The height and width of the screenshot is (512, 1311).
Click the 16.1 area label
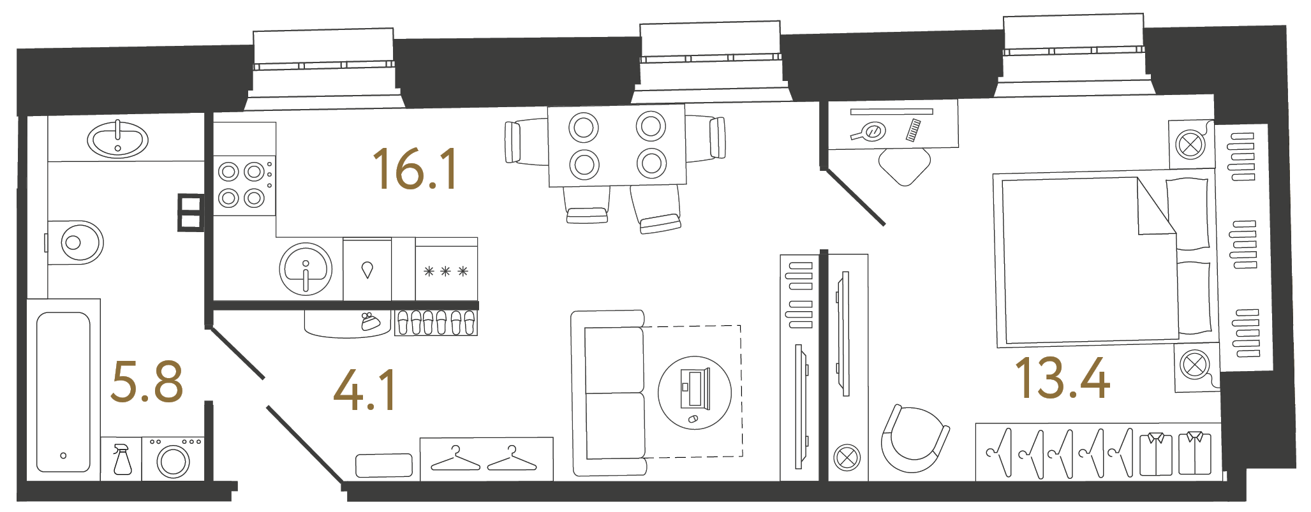pyautogui.click(x=415, y=168)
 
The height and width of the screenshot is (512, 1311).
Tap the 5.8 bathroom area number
pyautogui.click(x=147, y=381)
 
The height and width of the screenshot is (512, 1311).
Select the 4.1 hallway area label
pyautogui.click(x=365, y=389)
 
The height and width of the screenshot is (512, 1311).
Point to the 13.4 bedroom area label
pyautogui.click(x=1062, y=378)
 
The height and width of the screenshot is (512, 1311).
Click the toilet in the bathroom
pyautogui.click(x=75, y=242)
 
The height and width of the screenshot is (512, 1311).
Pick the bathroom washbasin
pyautogui.click(x=117, y=140)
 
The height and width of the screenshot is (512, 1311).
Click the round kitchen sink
pyautogui.click(x=306, y=269)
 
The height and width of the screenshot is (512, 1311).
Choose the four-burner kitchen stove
pyautogui.click(x=244, y=186)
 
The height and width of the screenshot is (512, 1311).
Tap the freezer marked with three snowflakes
pyautogui.click(x=446, y=269)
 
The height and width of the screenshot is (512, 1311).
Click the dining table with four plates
pyautogui.click(x=617, y=145)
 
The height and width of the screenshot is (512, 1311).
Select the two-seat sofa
pyautogui.click(x=609, y=393)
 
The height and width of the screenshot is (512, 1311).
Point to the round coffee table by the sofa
pyautogui.click(x=694, y=392)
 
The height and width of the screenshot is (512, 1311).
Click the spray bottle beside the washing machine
pyautogui.click(x=122, y=459)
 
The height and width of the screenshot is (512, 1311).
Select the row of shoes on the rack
pyautogui.click(x=436, y=323)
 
